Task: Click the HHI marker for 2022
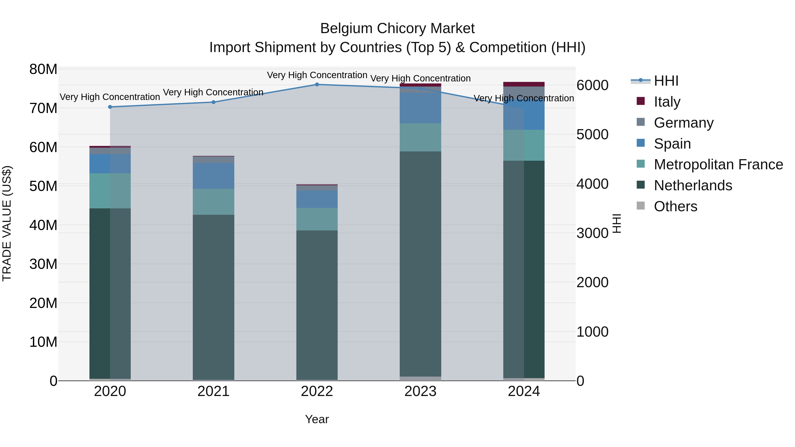317,84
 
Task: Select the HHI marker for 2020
110,107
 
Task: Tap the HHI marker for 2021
214,102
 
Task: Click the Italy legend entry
667,102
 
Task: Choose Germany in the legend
683,123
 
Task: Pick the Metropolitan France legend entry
718,164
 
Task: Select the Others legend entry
675,206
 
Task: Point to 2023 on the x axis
420,391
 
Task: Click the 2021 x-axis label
214,391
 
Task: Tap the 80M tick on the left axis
43,69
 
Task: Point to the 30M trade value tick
43,264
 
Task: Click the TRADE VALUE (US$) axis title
7,223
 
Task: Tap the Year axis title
317,419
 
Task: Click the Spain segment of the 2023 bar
420,108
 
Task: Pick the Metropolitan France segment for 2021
214,202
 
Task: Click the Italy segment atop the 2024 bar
524,84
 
